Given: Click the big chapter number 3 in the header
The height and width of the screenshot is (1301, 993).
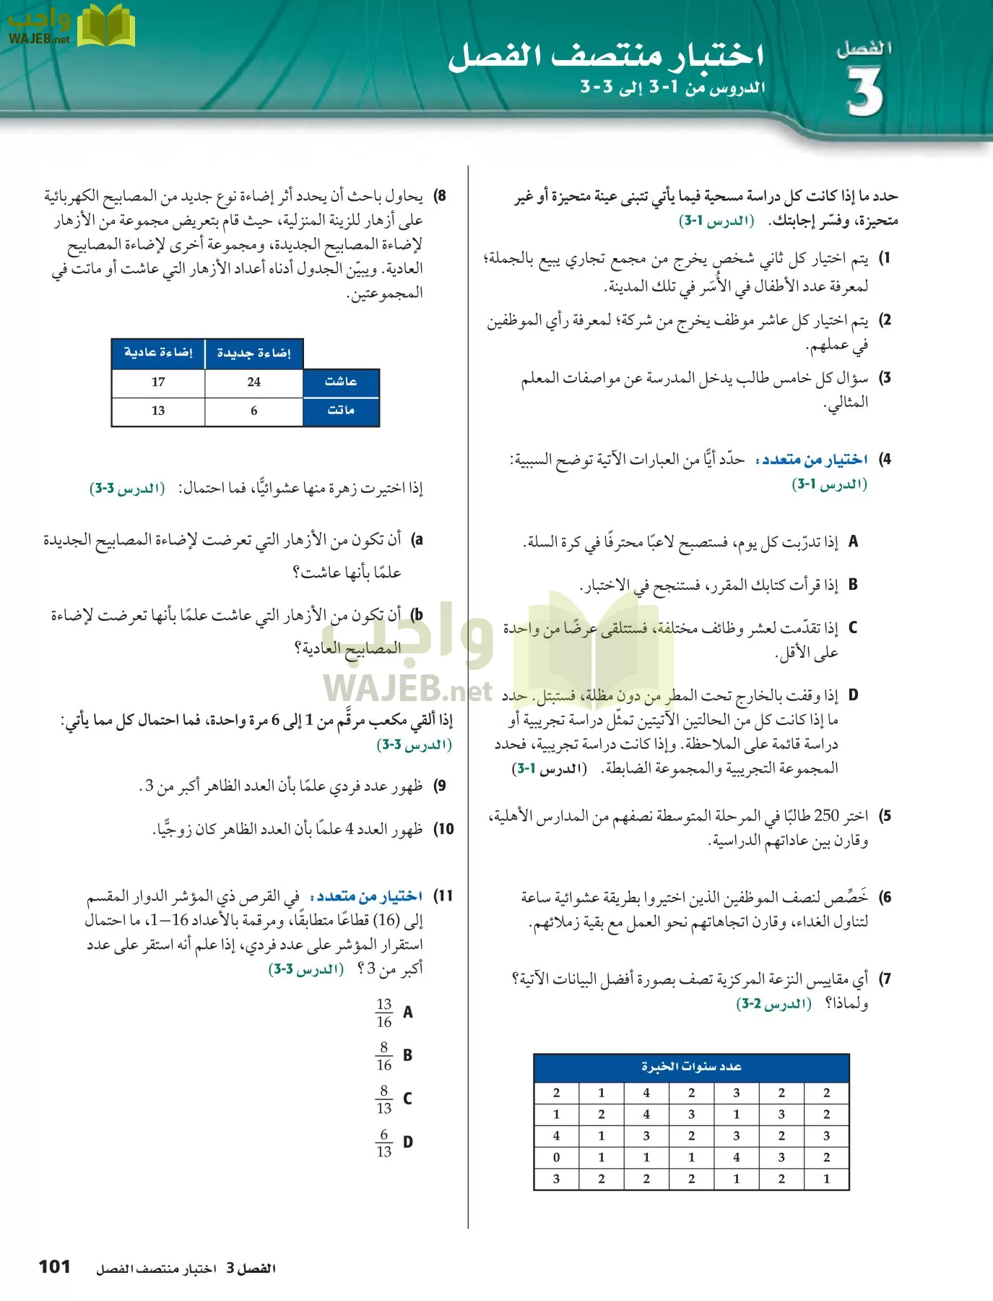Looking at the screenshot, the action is tap(865, 93).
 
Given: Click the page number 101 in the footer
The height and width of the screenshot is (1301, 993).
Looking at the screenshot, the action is tap(54, 1266).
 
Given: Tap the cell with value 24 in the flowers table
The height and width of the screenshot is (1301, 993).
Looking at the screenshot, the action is tap(253, 382).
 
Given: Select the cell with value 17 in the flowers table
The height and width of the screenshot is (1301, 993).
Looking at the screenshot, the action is tap(158, 382).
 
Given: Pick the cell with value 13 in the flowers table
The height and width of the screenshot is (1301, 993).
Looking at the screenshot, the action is tap(158, 411).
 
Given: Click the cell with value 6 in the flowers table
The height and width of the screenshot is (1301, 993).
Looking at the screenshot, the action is tap(253, 411).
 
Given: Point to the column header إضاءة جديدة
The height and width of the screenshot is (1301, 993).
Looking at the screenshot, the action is tap(253, 353).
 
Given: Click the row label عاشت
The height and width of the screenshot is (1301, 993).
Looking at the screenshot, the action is tap(341, 382).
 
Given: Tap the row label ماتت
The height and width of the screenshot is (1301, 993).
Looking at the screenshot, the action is tap(341, 411).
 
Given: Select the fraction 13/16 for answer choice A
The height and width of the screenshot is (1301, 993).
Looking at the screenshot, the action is tap(384, 1013).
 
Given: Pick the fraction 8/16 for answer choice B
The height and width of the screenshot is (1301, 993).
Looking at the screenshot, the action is tap(384, 1056).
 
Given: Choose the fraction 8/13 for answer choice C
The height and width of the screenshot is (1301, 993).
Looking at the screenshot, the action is tap(384, 1099).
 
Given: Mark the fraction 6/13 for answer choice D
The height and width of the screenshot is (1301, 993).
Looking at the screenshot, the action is tap(384, 1143).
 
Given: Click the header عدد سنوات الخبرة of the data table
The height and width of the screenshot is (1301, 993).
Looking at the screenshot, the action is tap(691, 1067).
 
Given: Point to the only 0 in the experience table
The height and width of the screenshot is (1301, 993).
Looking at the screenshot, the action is tap(556, 1157).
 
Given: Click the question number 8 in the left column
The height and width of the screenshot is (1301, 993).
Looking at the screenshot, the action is tap(440, 196).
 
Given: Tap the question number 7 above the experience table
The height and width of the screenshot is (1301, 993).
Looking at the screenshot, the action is tap(885, 979).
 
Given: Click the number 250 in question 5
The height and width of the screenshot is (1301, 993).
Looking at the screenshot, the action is tap(826, 816).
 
